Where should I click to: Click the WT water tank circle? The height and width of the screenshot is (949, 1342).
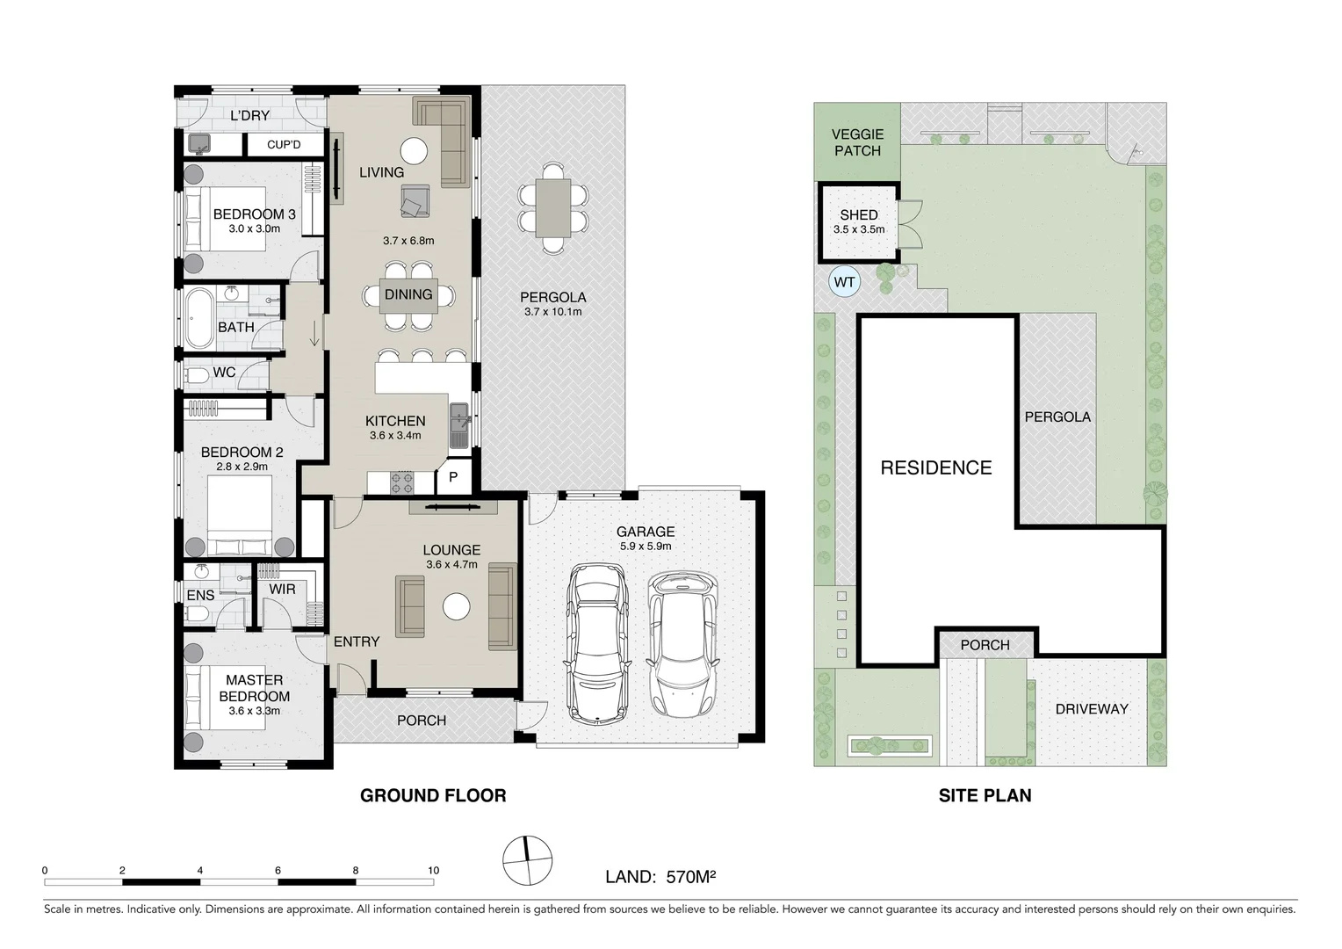844,282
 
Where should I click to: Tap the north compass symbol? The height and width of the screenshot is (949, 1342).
527,860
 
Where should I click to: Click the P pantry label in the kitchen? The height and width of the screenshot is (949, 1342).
453,477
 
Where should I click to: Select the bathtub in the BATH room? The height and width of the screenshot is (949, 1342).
198,319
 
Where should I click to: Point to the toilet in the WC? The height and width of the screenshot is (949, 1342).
196,376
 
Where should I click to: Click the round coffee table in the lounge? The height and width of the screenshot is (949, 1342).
456,606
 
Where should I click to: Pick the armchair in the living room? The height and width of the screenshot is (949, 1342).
415,201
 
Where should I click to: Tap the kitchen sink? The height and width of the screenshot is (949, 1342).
459,425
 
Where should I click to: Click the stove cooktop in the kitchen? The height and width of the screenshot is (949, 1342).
402,482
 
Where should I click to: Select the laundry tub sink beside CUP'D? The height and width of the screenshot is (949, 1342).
198,144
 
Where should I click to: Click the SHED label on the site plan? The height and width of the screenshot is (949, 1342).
859,214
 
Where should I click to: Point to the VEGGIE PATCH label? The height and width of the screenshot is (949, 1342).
857,142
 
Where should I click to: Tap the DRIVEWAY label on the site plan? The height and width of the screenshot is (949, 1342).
1092,708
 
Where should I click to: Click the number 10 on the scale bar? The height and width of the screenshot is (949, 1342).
433,871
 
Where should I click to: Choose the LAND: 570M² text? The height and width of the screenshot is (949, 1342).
660,876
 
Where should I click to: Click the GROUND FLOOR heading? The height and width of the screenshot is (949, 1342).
433,795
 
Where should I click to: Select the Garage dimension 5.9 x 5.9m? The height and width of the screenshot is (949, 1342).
646,547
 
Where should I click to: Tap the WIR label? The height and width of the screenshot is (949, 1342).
282,590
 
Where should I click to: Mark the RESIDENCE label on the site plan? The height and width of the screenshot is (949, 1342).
936,467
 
